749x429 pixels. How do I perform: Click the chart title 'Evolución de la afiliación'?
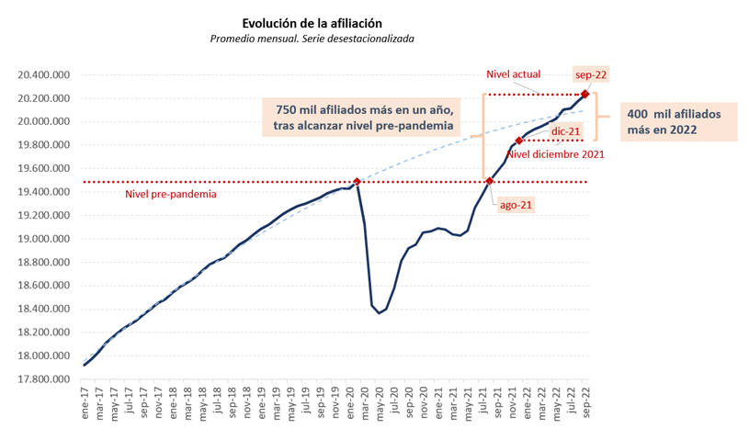(x=312, y=22)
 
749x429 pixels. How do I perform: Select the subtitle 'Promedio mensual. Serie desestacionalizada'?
(x=312, y=39)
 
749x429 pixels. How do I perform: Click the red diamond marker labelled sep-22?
(x=585, y=94)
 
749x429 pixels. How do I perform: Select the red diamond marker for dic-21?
(x=519, y=141)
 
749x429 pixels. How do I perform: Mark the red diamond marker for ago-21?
(x=489, y=182)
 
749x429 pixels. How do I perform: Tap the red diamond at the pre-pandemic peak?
(x=357, y=182)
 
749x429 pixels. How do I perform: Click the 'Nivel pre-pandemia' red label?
(x=171, y=195)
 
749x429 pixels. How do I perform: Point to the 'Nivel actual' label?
(x=513, y=74)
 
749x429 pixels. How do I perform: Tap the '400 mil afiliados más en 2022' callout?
(x=681, y=121)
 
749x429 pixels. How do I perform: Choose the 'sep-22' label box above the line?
(x=591, y=74)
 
